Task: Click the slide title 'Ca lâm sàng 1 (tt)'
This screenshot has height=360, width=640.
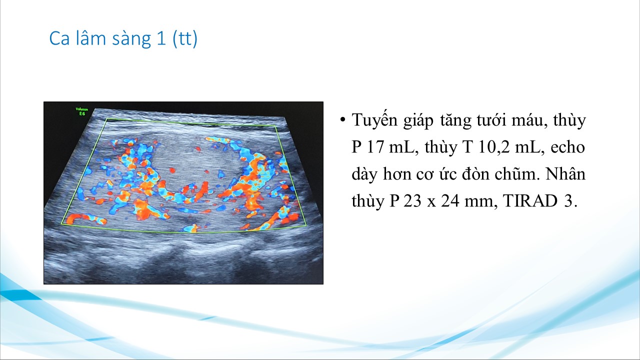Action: (x=123, y=38)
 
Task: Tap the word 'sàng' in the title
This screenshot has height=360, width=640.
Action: (x=131, y=39)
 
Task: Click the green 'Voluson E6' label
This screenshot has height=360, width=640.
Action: (x=81, y=111)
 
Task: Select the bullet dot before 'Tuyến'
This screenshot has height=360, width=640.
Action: (x=342, y=120)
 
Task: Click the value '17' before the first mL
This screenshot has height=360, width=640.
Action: (x=375, y=147)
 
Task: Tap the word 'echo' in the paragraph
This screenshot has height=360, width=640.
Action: (x=567, y=147)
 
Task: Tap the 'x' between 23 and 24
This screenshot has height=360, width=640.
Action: (x=431, y=202)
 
